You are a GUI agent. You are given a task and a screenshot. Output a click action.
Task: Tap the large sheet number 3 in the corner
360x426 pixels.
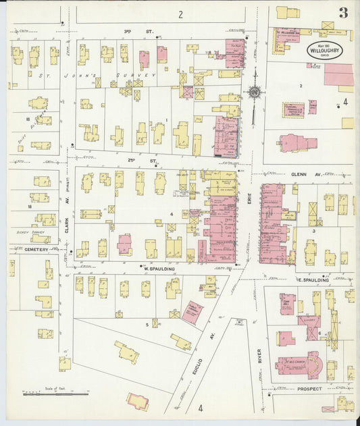click(344, 13)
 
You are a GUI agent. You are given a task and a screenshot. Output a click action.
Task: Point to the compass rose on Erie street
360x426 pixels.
click(255, 93)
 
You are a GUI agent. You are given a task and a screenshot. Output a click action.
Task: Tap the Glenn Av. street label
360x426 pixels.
click(299, 174)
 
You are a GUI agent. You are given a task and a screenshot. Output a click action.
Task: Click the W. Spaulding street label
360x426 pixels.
click(159, 269)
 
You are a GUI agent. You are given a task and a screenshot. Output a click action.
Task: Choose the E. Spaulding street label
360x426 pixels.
click(313, 279)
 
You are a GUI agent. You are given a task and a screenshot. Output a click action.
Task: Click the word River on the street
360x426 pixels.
click(259, 356)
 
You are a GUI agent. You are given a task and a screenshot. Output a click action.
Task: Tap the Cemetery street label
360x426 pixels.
click(37, 249)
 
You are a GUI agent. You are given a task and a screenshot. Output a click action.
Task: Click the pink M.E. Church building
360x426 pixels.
click(301, 366)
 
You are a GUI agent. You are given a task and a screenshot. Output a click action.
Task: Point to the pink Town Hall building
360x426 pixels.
click(287, 304)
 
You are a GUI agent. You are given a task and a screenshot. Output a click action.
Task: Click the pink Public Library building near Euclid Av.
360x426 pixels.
click(192, 312)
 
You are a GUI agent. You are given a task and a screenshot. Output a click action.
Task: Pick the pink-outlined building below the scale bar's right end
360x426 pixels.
click(138, 402)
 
